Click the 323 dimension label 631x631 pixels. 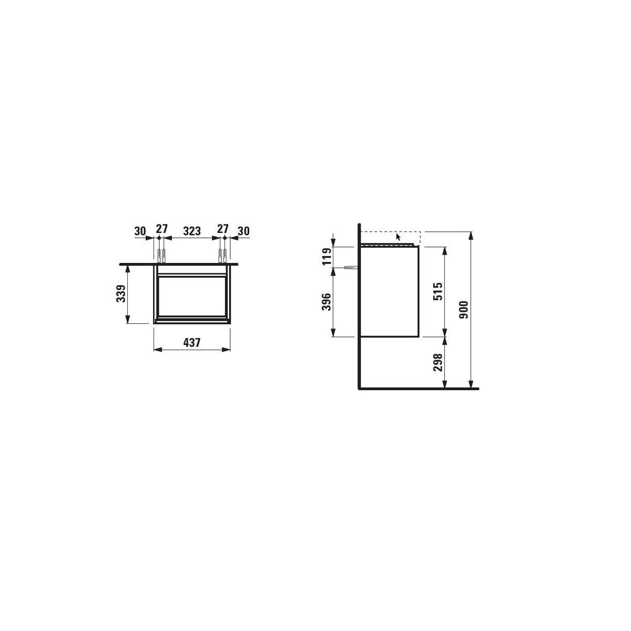tap(191, 230)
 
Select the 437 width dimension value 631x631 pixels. tap(191, 342)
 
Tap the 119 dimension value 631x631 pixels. tap(326, 257)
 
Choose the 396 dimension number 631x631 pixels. tap(326, 302)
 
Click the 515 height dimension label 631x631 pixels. tap(437, 291)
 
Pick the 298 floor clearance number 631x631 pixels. tap(437, 362)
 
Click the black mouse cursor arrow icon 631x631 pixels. tap(398, 237)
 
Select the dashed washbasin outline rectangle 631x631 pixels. tap(391, 238)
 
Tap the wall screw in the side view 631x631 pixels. tap(349, 268)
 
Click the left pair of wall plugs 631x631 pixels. tap(161, 255)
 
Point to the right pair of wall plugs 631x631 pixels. tap(222, 255)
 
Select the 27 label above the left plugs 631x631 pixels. tap(161, 229)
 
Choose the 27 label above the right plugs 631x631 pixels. tap(222, 229)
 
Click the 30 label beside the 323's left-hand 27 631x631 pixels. tap(140, 230)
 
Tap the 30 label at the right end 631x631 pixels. tap(243, 230)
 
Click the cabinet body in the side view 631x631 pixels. tap(389, 292)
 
